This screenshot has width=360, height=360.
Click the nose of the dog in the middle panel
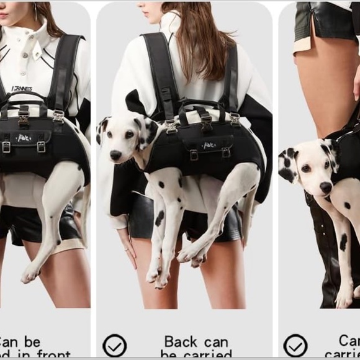(115, 155)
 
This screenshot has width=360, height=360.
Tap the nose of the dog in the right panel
(326, 186)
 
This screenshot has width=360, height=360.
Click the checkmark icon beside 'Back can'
(114, 345)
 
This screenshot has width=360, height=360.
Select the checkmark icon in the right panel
(295, 345)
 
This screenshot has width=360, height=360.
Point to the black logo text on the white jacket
(21, 89)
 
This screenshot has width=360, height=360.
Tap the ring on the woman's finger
(126, 250)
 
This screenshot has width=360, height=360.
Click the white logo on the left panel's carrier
(24, 138)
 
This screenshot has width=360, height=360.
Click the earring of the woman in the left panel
(35, 11)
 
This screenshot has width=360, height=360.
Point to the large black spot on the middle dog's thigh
(160, 217)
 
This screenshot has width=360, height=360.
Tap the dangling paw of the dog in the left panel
(29, 273)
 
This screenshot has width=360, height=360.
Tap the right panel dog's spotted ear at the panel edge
(287, 164)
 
